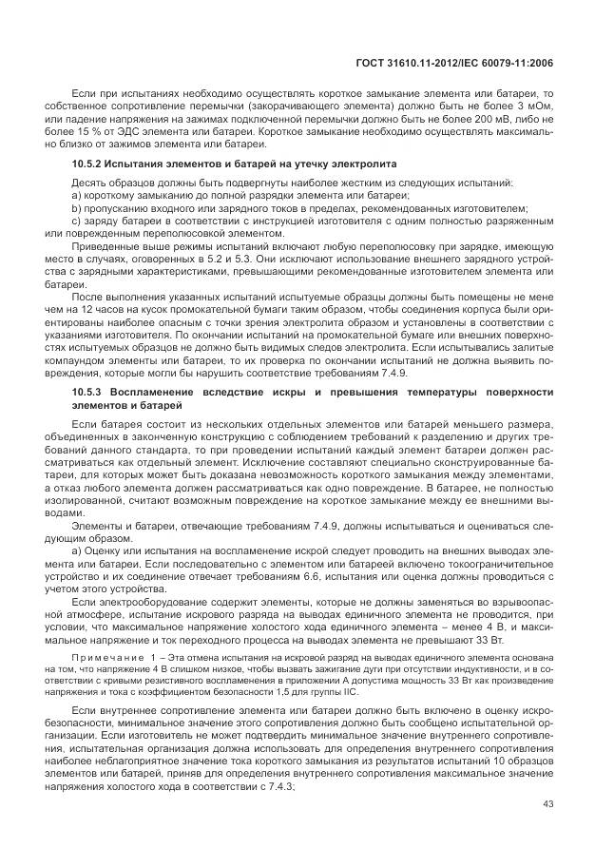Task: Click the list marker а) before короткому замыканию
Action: [77, 195]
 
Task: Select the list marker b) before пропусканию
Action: [77, 207]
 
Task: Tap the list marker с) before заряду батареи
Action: [77, 220]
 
